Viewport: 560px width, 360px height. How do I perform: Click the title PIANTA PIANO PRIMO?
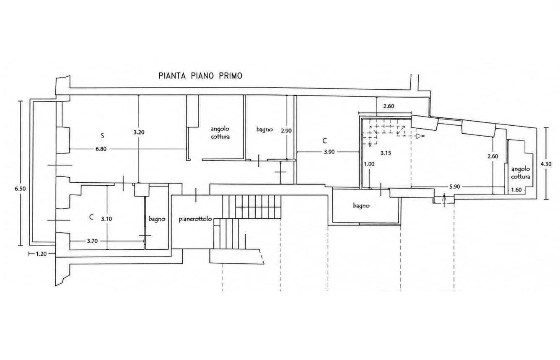tap(200, 76)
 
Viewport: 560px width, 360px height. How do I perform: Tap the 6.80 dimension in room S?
tap(101, 149)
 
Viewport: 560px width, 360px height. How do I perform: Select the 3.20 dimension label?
tap(139, 132)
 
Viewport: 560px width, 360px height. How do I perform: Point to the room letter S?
tap(102, 136)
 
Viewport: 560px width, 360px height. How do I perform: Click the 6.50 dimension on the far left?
tap(20, 189)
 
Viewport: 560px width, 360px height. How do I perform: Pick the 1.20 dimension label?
tap(41, 254)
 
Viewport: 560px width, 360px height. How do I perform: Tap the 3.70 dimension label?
tap(92, 241)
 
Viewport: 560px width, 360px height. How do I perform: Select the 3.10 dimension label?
tap(106, 219)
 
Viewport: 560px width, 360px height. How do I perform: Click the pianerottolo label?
tap(195, 219)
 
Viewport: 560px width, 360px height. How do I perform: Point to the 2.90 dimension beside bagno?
tap(286, 130)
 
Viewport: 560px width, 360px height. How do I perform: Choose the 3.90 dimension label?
tap(329, 152)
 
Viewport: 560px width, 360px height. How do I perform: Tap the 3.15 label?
tap(386, 153)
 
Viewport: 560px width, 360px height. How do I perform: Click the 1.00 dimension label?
tap(369, 164)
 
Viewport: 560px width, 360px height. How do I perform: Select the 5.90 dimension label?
tap(454, 186)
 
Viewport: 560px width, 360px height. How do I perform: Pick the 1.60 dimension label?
tap(516, 190)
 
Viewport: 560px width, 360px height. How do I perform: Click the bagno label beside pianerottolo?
tap(157, 219)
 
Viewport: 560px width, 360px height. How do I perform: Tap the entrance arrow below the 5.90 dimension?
tap(444, 200)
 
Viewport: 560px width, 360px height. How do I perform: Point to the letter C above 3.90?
tap(324, 141)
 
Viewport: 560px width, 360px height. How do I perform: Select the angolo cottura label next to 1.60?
tap(521, 173)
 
